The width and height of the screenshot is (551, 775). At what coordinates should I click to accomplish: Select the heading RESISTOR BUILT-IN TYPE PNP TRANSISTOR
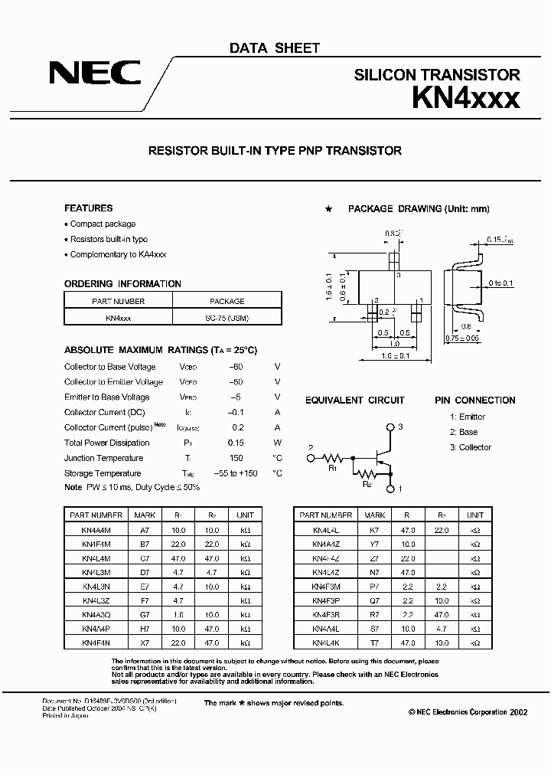click(x=275, y=151)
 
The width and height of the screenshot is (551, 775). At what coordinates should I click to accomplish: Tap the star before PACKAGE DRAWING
click(x=328, y=209)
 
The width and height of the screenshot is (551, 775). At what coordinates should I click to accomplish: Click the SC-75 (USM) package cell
click(x=227, y=316)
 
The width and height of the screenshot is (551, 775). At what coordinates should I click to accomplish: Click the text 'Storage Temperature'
click(x=103, y=473)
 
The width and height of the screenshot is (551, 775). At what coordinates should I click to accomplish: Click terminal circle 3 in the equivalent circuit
click(x=392, y=427)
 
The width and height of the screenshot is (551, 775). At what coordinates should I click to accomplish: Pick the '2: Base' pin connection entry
click(x=464, y=432)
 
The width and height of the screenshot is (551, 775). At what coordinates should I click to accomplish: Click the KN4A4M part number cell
click(x=97, y=530)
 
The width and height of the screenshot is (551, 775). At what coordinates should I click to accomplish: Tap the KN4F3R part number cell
click(x=326, y=614)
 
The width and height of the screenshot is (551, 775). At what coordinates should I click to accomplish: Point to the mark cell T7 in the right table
click(x=375, y=642)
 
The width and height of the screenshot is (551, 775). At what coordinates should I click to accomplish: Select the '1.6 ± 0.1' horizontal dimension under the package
click(x=396, y=355)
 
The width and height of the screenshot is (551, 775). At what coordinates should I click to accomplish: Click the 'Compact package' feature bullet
click(x=103, y=224)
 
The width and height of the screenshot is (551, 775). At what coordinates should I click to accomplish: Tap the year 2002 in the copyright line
click(x=518, y=711)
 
